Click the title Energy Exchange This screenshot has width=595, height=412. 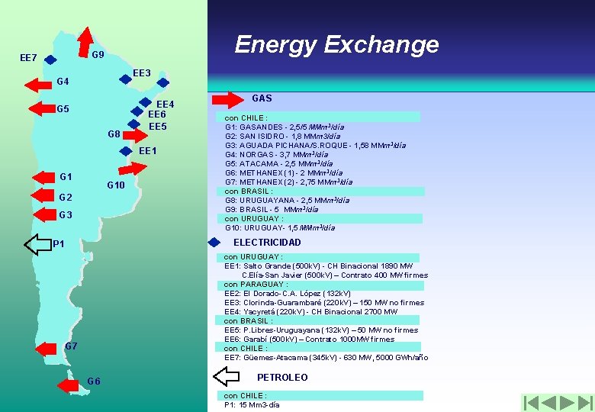tap(336, 44)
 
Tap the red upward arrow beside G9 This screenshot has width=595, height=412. tap(85, 42)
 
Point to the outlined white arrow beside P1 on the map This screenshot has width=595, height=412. tap(37, 244)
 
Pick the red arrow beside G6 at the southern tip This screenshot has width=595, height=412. tap(70, 381)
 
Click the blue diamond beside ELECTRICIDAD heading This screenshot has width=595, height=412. tap(214, 243)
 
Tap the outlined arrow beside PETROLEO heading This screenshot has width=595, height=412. tap(226, 377)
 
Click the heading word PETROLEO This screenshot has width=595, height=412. tap(282, 378)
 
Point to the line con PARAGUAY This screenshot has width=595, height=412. tap(256, 285)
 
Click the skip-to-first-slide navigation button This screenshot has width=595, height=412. tap(532, 402)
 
